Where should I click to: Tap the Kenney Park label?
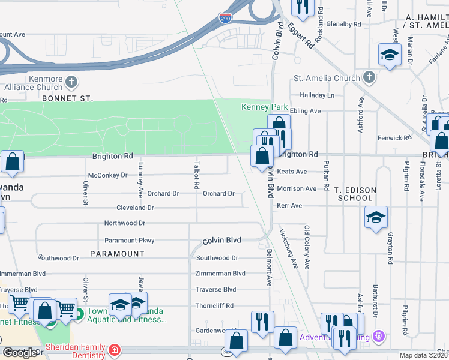pyautogui.click(x=265, y=107)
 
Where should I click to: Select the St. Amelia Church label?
pyautogui.click(x=326, y=78)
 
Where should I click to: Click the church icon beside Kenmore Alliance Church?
pyautogui.click(x=71, y=81)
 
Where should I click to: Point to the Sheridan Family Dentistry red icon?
pyautogui.click(x=114, y=349)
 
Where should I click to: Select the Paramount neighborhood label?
pyautogui.click(x=117, y=254)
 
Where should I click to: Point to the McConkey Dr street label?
pyautogui.click(x=108, y=175)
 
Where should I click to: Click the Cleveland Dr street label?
pyautogui.click(x=135, y=208)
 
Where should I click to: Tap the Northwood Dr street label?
pyautogui.click(x=125, y=223)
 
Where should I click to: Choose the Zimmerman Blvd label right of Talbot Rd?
pyautogui.click(x=220, y=274)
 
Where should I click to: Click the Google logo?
pyautogui.click(x=19, y=353)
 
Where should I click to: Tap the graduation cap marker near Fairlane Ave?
pyautogui.click(x=390, y=55)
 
